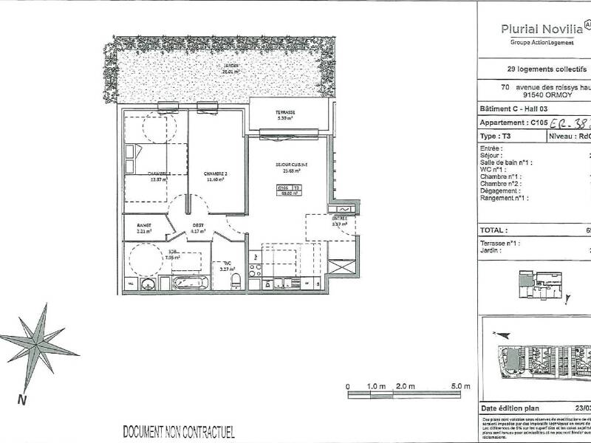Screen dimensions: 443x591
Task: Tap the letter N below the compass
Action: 23,400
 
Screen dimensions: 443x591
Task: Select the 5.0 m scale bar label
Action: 460,386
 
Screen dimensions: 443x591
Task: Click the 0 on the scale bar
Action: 348,386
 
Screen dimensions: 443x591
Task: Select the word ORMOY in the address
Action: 551,94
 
